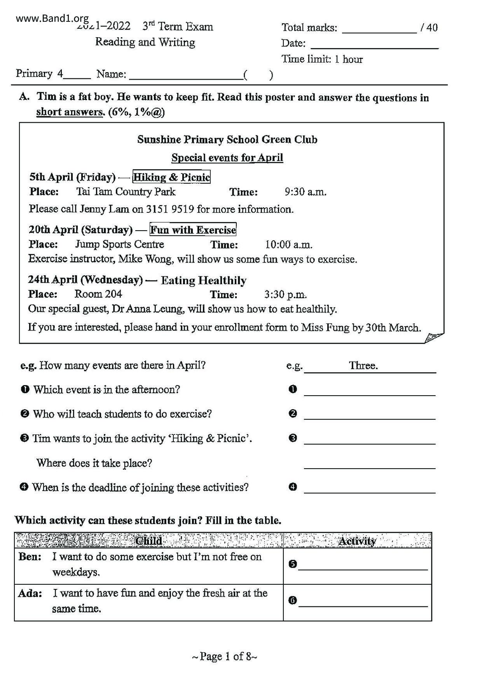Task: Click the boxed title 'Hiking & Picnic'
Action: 171,177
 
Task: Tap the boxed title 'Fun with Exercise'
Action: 193,230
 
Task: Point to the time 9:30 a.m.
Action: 306,192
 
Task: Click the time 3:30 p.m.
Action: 285,295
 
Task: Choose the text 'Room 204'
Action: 98,294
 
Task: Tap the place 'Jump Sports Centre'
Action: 119,244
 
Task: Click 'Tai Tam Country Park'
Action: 126,192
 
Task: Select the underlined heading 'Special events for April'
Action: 227,158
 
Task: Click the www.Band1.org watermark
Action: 52,18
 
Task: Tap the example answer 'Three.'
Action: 363,365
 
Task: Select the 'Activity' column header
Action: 357,541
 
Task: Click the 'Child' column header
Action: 148,541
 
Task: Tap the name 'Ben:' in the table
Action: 30,557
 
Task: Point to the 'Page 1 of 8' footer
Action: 224,657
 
